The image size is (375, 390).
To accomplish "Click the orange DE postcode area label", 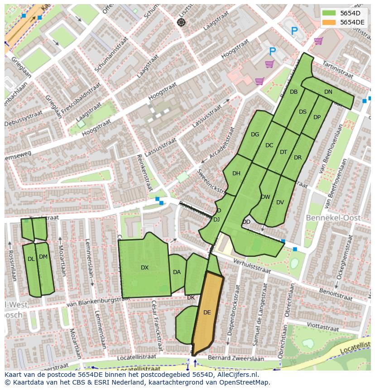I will pyautogui.click(x=207, y=313).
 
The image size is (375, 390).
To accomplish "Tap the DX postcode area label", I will pyautogui.click(x=144, y=268).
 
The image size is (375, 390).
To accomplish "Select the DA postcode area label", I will pyautogui.click(x=177, y=272).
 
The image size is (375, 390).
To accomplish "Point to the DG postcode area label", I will pyautogui.click(x=255, y=135).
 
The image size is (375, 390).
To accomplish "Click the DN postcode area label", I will pyautogui.click(x=328, y=92).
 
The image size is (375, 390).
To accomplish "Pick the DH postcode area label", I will pyautogui.click(x=236, y=173).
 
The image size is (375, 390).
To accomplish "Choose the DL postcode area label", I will pyautogui.click(x=31, y=259).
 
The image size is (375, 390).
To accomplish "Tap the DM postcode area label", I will pyautogui.click(x=43, y=257).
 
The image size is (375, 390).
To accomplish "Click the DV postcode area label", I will pyautogui.click(x=280, y=202).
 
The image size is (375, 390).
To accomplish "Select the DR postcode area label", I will pyautogui.click(x=298, y=158).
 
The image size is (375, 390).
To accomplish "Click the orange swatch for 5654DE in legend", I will pyautogui.click(x=329, y=22).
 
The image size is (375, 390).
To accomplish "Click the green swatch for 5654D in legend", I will pyautogui.click(x=329, y=13).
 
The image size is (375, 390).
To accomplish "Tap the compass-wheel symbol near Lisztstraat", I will pyautogui.click(x=181, y=22).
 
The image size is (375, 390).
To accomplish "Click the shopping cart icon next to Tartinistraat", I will pyautogui.click(x=318, y=41).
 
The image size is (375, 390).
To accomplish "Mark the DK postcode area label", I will pyautogui.click(x=191, y=298).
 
